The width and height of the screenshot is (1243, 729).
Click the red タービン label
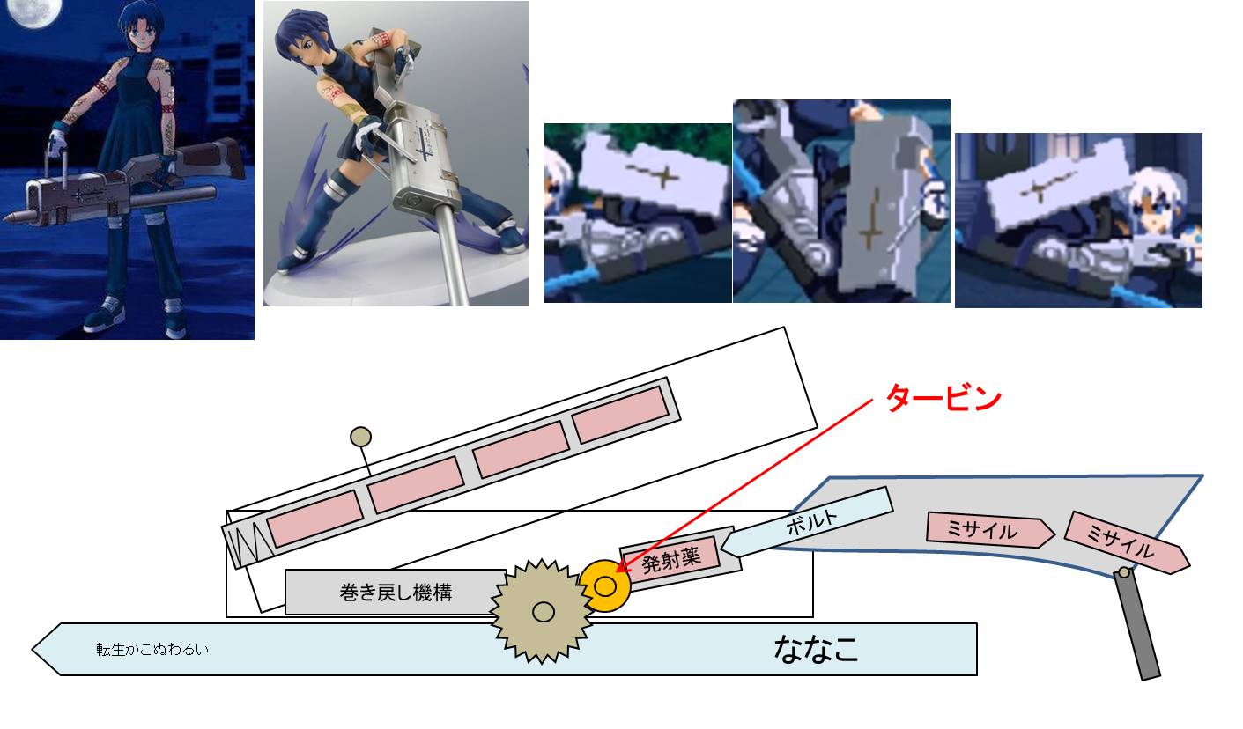[x=943, y=398]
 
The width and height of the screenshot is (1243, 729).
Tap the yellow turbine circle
[x=605, y=585]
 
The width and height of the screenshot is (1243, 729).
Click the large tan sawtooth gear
[x=542, y=611]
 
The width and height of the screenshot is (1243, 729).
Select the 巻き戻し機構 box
[x=395, y=592]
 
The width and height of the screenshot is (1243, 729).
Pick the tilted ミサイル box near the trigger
[x=1127, y=542]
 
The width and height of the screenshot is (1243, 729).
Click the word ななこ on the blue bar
[x=816, y=649]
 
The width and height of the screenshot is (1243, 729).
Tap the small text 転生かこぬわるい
[x=152, y=649]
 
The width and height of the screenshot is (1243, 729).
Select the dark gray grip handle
[x=1137, y=625]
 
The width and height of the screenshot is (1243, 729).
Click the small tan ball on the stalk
[x=360, y=437]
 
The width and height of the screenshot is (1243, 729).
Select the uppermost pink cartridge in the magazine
[x=620, y=415]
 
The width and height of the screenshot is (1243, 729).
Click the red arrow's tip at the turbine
[x=616, y=571]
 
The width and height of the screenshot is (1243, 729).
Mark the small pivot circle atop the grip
[x=1124, y=572]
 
